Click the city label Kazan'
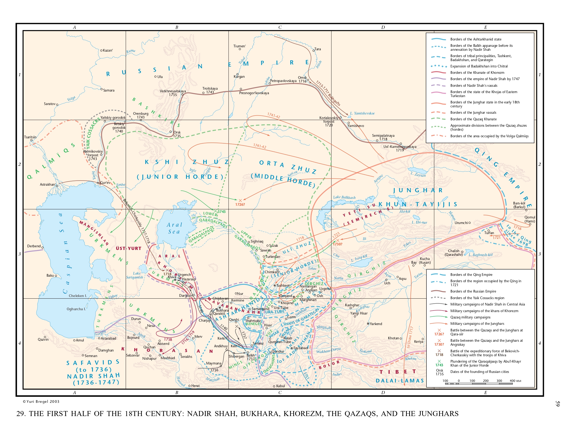click(108, 50)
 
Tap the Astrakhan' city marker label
click(48, 184)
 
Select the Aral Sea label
click(174, 228)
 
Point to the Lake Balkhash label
click(344, 197)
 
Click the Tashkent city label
click(283, 285)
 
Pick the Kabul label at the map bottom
click(280, 386)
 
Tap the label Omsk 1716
click(302, 79)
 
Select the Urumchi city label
click(461, 223)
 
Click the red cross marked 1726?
click(240, 200)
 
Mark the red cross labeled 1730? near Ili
click(337, 240)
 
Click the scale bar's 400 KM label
click(515, 381)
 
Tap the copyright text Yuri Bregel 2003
click(41, 401)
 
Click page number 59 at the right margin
click(557, 404)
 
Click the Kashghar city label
click(352, 305)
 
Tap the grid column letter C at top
click(280, 27)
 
